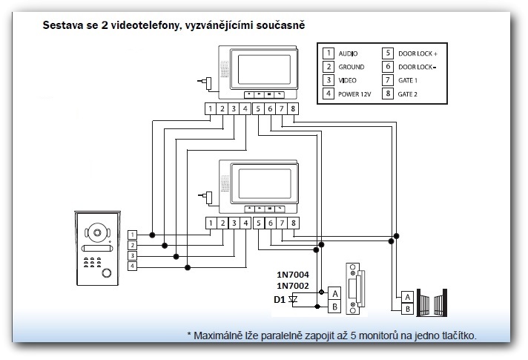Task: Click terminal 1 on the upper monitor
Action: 211,110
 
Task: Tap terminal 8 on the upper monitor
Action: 294,110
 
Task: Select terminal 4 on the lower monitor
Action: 245,223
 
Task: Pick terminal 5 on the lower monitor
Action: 258,223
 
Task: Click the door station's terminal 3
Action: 132,255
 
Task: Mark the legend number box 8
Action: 387,94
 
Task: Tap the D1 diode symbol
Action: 293,299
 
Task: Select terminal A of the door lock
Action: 334,293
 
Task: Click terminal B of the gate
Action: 406,307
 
